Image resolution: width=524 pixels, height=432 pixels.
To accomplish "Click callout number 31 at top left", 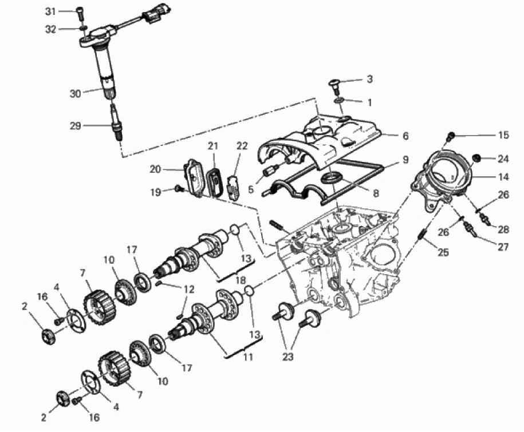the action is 50,11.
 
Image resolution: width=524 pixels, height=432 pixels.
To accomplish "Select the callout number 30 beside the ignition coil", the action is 76,94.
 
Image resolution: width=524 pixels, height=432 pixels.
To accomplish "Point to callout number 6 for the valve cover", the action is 405,136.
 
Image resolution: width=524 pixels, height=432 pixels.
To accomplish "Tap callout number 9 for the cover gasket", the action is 405,160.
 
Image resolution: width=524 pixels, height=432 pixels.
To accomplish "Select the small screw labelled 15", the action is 451,136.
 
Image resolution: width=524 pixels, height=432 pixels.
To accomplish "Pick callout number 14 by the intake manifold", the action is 503,177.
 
